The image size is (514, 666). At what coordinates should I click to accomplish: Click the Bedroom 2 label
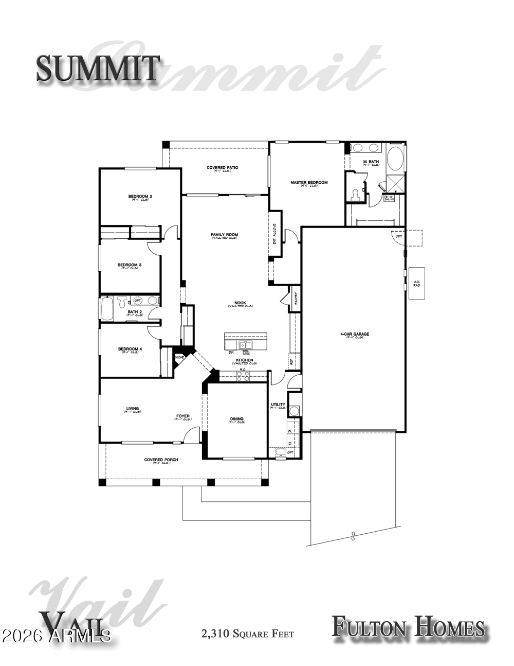(x=140, y=197)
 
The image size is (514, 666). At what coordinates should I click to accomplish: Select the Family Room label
(x=224, y=236)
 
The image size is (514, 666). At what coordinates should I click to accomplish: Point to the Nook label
(x=240, y=304)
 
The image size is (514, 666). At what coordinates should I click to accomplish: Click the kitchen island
(x=246, y=341)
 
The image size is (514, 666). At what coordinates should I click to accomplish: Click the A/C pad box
(x=416, y=284)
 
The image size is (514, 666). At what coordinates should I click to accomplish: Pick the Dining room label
(x=237, y=419)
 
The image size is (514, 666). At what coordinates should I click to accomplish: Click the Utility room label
(x=278, y=405)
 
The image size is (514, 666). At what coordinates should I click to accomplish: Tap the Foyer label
(x=183, y=416)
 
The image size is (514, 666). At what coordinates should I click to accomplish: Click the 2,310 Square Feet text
(x=248, y=633)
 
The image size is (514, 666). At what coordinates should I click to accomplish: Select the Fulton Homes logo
(x=408, y=627)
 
